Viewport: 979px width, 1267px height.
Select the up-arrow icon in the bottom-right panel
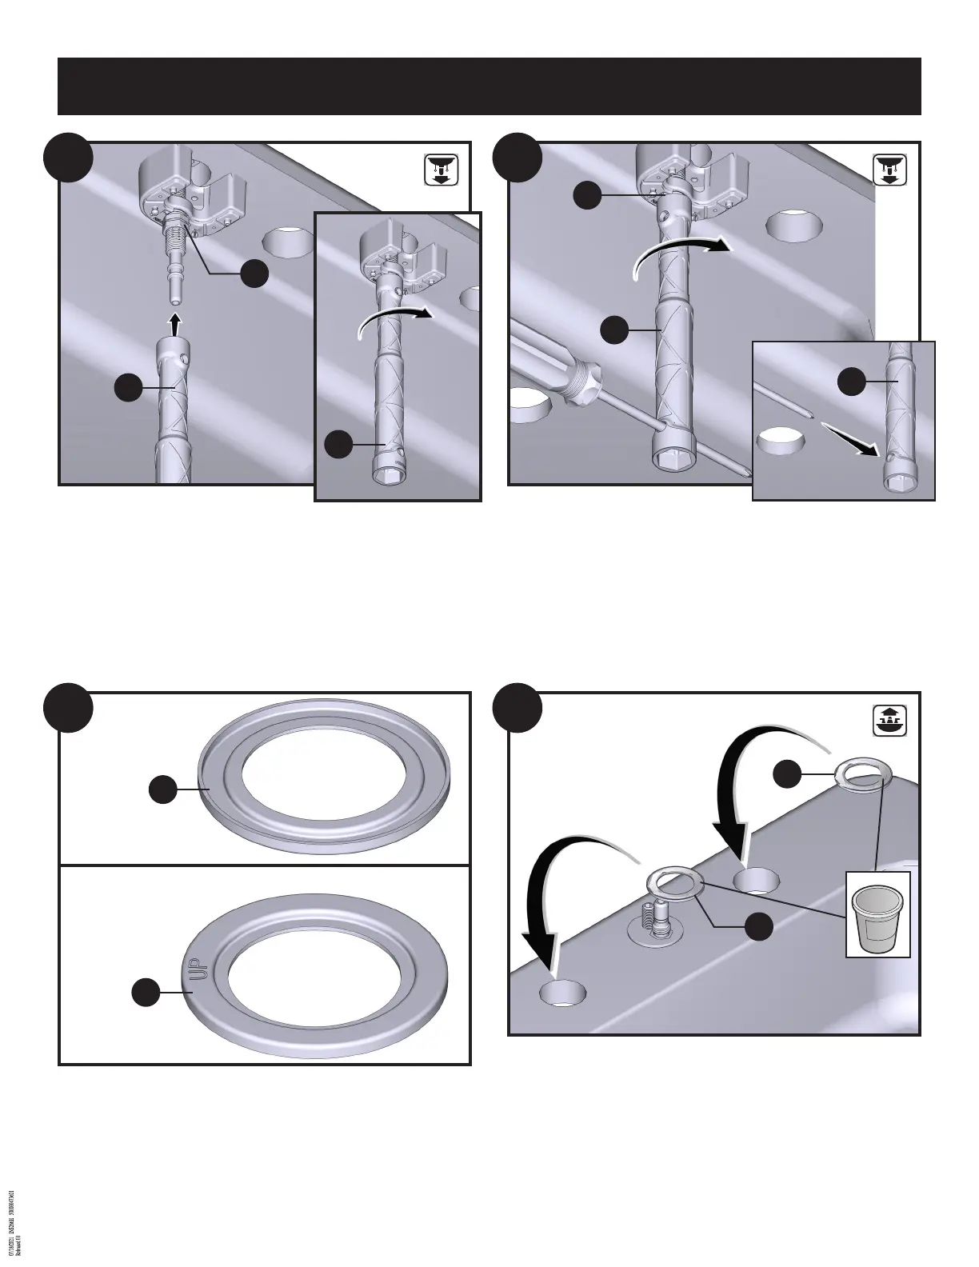(889, 721)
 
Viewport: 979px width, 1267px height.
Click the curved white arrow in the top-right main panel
(680, 254)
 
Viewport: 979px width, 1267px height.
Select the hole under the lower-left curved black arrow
(563, 993)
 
